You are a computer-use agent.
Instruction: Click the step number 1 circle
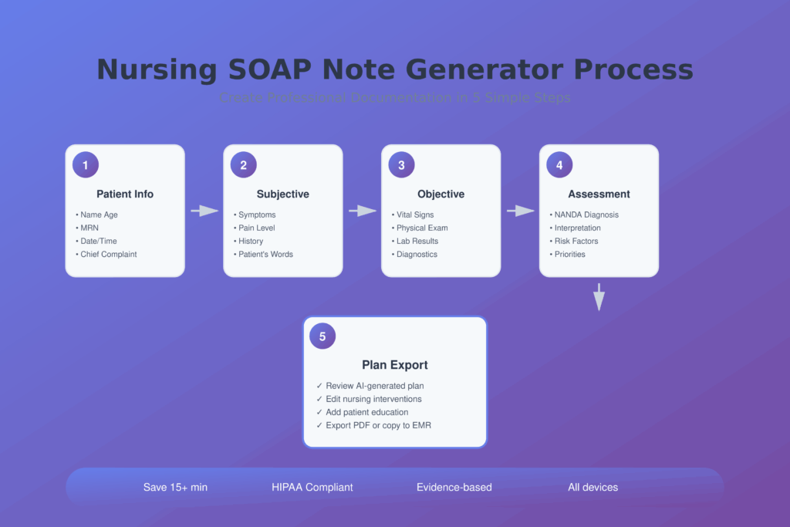[x=86, y=165]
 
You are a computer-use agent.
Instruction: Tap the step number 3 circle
[x=401, y=165]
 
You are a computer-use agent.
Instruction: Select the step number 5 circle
[x=322, y=336]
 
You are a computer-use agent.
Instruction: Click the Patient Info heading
[x=125, y=194]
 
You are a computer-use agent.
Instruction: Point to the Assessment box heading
[x=599, y=194]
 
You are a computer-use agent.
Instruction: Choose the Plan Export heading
[x=395, y=365]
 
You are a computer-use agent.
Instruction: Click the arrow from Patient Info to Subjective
[x=204, y=211]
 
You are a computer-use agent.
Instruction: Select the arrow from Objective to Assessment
[x=521, y=211]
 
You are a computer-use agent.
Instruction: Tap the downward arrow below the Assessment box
[x=599, y=297]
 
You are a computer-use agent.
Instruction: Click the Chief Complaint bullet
[x=108, y=254]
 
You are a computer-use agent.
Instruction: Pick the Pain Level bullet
[x=256, y=228]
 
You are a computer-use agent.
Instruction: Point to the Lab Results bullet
[x=417, y=241]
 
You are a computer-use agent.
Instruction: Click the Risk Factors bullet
[x=576, y=241]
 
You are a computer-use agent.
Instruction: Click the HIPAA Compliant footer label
[x=312, y=487]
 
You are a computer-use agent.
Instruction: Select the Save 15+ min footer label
[x=175, y=487]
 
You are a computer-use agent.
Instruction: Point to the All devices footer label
[x=592, y=487]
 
